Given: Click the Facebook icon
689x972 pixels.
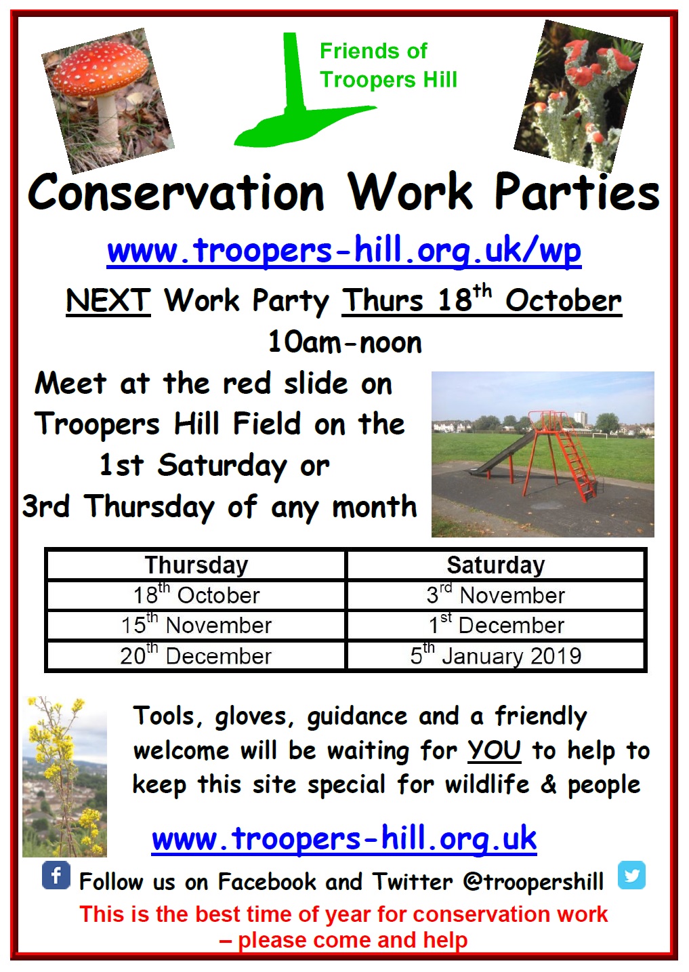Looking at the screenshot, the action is click(x=56, y=875).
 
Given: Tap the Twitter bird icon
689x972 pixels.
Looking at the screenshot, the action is click(x=631, y=875).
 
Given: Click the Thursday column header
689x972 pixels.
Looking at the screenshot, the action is click(x=196, y=565).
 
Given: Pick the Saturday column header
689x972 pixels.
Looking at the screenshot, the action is click(x=496, y=565).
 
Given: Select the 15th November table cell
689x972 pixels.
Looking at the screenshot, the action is click(x=196, y=625).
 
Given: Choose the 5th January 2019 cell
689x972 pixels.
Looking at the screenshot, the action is click(x=496, y=655).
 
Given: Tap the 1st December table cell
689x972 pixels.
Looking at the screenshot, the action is click(x=496, y=625).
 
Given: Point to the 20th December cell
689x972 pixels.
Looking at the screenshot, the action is click(x=196, y=655).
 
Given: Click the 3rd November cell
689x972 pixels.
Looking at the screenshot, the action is click(x=496, y=595).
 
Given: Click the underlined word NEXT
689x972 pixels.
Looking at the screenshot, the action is click(x=108, y=300).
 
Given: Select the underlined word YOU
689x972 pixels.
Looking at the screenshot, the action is click(x=495, y=750).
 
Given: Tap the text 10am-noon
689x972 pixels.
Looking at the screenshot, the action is click(x=345, y=342).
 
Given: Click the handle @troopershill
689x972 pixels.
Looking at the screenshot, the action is click(x=533, y=881).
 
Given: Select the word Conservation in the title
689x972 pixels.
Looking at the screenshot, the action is click(x=176, y=192).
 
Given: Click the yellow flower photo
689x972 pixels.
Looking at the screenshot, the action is click(x=64, y=776).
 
